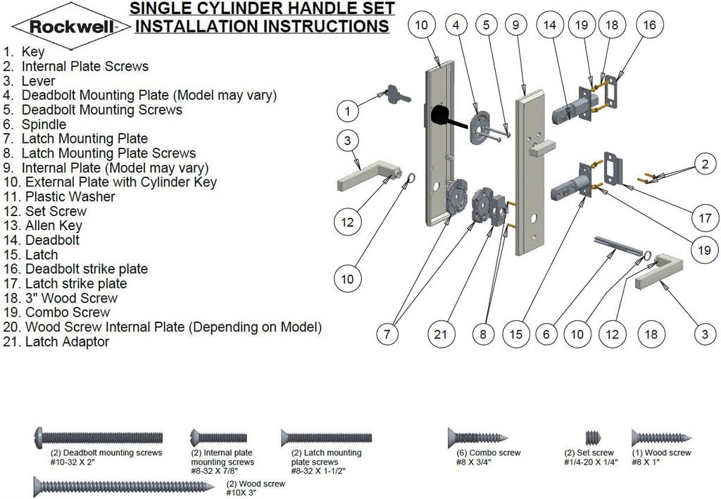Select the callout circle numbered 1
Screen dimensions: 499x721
(x=347, y=110)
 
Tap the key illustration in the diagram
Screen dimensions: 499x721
(x=395, y=94)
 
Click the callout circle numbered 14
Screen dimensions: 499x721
(x=550, y=25)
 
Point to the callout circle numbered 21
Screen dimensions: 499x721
(x=440, y=335)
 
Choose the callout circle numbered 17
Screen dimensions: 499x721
(x=705, y=218)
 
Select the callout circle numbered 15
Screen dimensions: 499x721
(x=516, y=335)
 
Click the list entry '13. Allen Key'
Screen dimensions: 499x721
(x=44, y=226)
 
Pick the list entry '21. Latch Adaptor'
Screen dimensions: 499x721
(x=57, y=342)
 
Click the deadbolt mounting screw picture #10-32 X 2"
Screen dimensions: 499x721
(x=99, y=437)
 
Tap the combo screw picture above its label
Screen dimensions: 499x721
(x=477, y=438)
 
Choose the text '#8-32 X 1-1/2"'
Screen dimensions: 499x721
(x=318, y=470)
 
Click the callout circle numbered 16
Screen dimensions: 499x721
(x=649, y=25)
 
